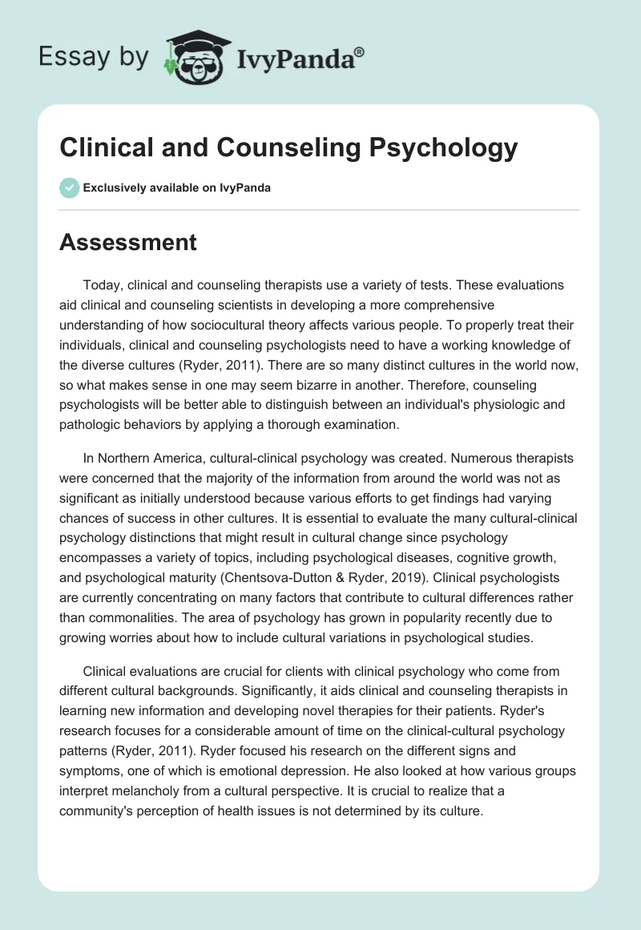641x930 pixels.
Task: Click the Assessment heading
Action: pos(128,241)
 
